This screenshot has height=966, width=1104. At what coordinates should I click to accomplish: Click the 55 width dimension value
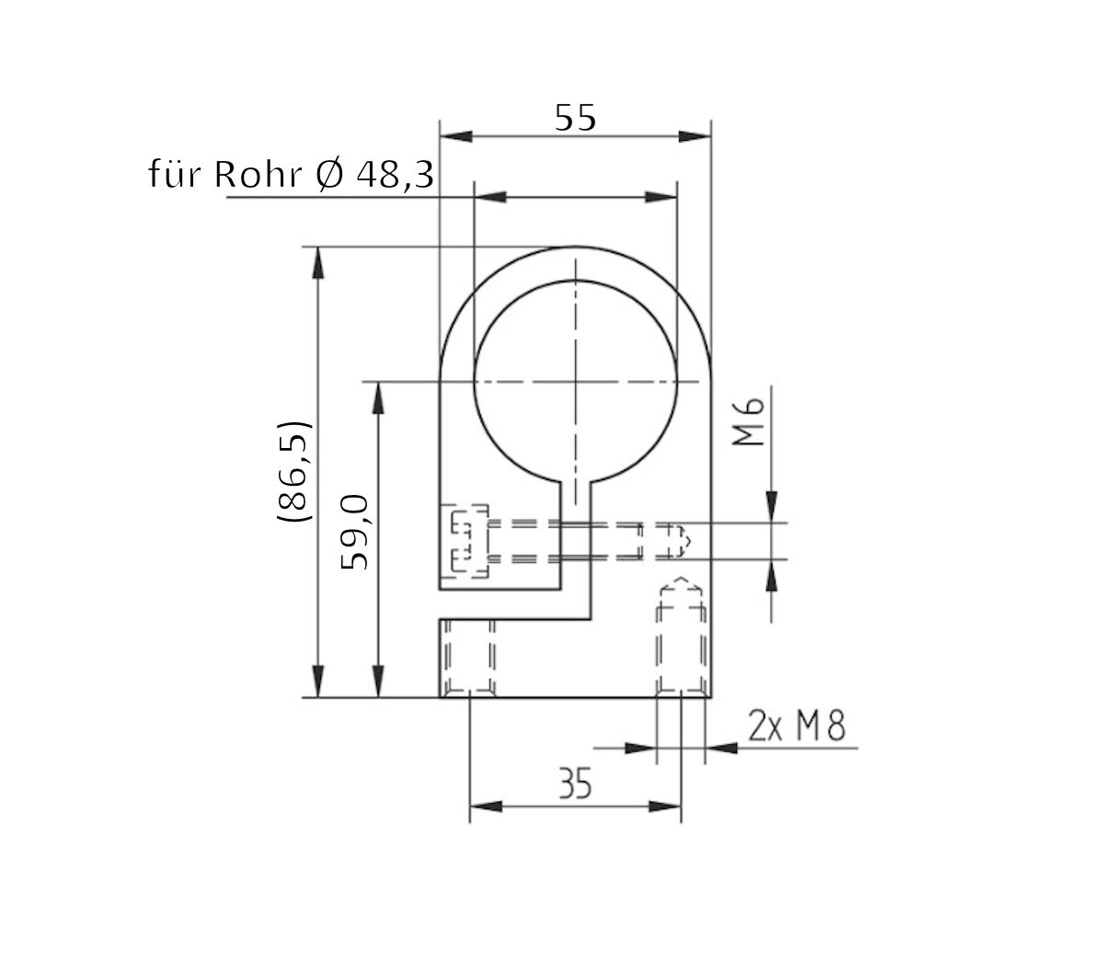tap(576, 117)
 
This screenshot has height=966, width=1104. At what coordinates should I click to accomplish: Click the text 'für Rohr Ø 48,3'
tap(291, 174)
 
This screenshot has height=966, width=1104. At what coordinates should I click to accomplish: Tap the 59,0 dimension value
tap(355, 532)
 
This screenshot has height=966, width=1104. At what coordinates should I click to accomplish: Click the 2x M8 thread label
tap(797, 728)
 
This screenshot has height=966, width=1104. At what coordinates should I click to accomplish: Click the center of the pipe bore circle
tap(575, 380)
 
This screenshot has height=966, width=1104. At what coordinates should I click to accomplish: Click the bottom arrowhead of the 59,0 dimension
tap(376, 682)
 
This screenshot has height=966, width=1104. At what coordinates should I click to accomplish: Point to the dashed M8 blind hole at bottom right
tap(681, 639)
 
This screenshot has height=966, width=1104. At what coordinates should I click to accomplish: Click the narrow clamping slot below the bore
tap(576, 534)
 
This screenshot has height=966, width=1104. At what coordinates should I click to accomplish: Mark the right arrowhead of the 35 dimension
tap(665, 807)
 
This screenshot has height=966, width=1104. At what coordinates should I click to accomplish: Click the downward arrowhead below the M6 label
tap(771, 507)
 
